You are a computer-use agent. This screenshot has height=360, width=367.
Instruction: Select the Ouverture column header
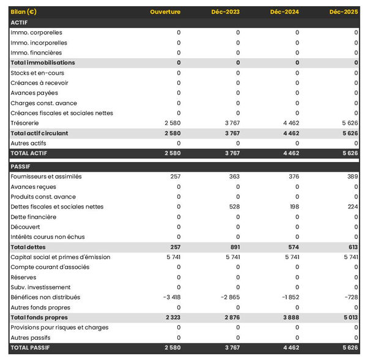(x=165, y=12)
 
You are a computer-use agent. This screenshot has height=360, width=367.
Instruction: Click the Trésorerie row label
(x=25, y=123)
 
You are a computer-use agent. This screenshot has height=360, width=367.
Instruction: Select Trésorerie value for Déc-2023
(x=231, y=123)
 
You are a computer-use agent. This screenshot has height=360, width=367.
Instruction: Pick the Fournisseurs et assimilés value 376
(x=291, y=177)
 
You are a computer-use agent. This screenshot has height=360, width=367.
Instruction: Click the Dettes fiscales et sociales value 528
(x=232, y=207)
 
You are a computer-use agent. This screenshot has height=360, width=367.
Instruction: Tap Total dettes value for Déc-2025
(x=350, y=247)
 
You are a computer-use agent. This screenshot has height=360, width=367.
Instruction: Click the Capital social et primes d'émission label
(x=60, y=257)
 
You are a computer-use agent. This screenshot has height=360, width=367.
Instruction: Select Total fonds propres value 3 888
(x=290, y=317)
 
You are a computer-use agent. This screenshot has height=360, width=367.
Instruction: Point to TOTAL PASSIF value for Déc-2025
(x=349, y=348)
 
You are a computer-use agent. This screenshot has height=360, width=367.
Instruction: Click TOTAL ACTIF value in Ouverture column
(x=172, y=153)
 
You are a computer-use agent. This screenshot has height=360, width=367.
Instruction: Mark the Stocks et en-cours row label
(x=37, y=73)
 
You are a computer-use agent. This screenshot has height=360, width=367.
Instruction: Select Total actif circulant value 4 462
(x=290, y=133)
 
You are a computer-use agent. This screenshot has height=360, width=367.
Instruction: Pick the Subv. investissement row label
(x=40, y=287)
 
